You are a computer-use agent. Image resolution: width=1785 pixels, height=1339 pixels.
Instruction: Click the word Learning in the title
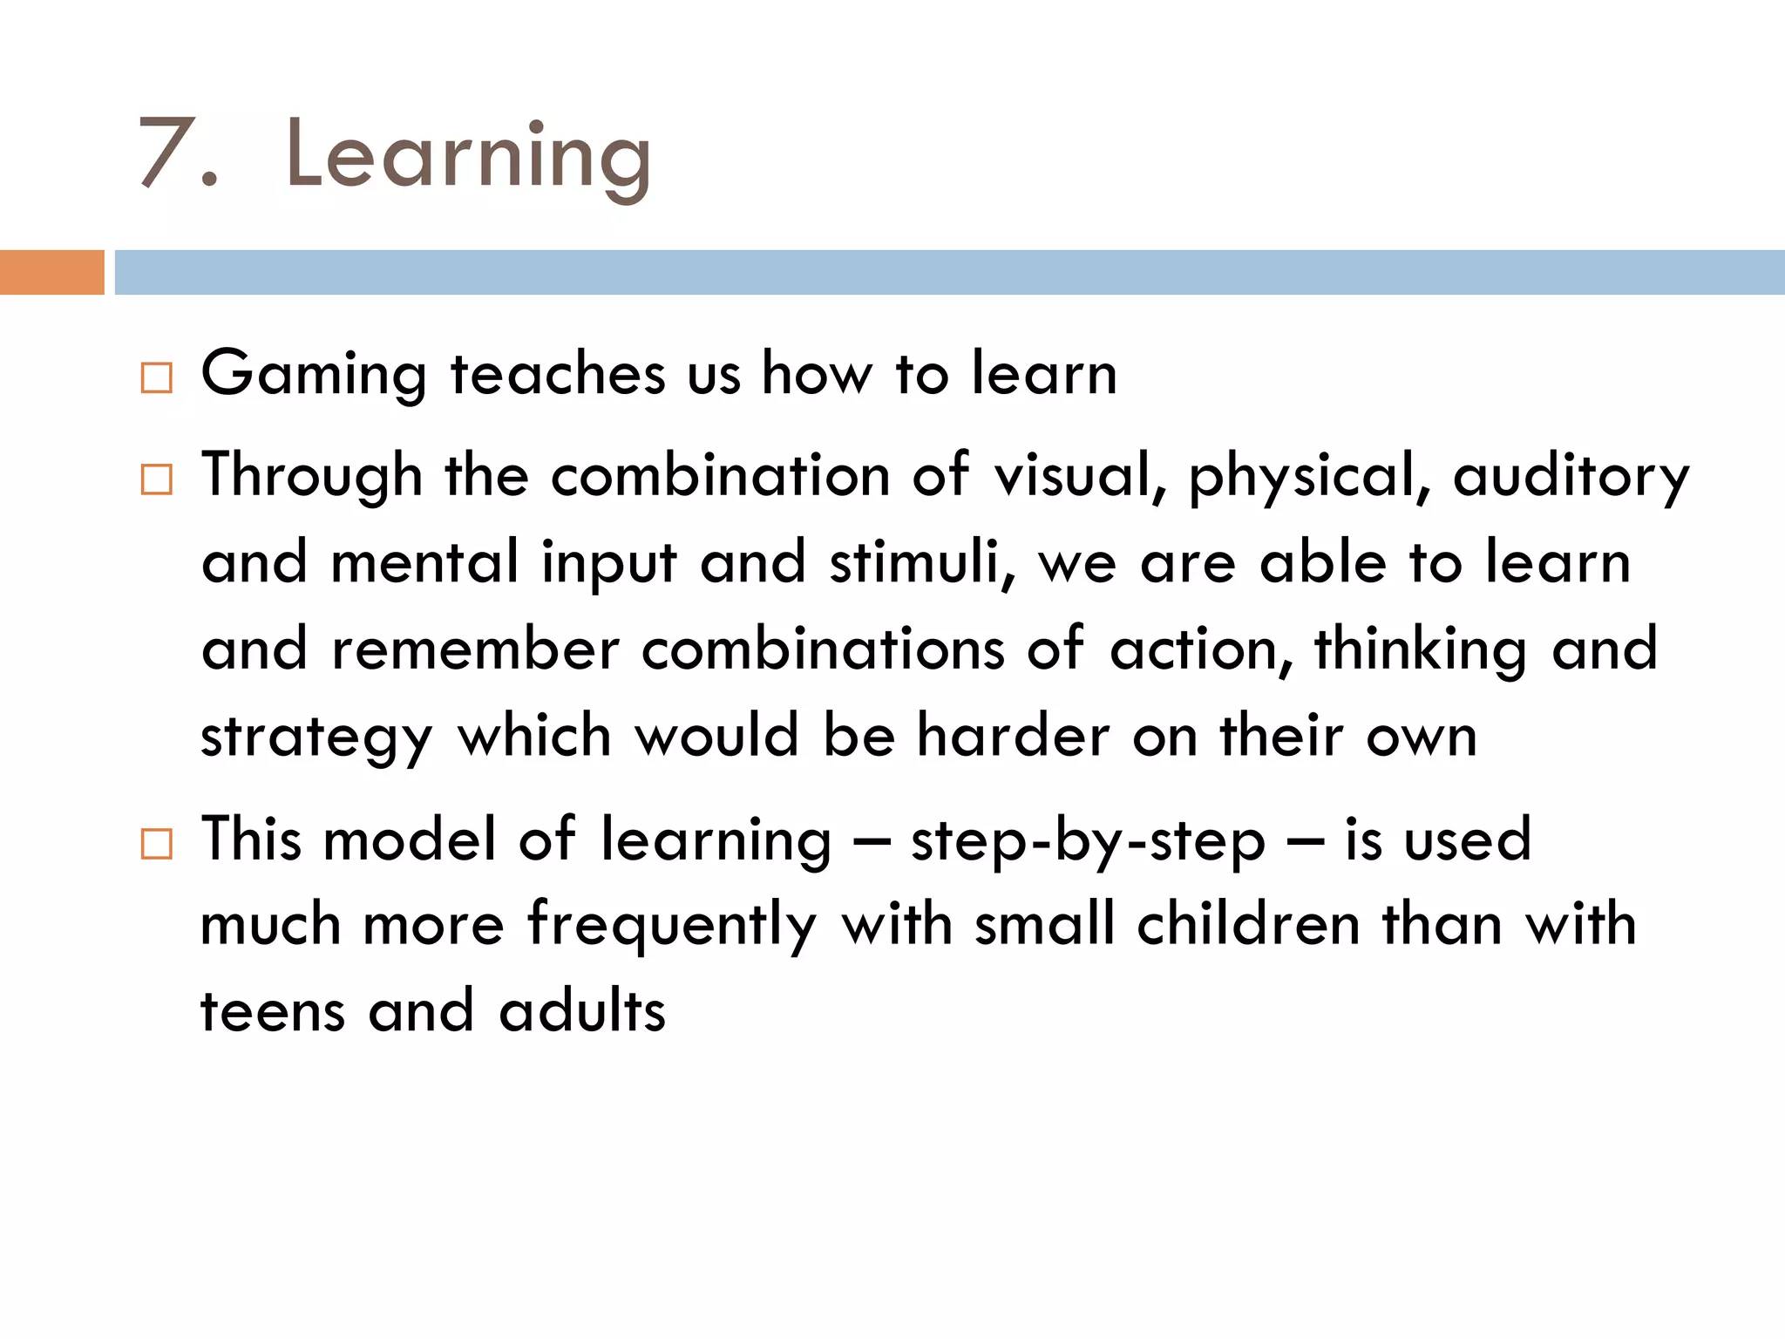coord(468,157)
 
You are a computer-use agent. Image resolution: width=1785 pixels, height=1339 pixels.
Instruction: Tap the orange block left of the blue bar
coord(51,272)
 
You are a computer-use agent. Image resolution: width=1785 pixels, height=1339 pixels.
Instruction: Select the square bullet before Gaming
coord(156,378)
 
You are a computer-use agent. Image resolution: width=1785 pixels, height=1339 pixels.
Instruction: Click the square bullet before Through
coord(156,479)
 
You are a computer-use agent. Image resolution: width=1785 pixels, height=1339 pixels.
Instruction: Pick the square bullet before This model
coord(156,844)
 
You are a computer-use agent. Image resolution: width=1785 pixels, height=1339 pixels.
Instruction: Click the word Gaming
coord(314,375)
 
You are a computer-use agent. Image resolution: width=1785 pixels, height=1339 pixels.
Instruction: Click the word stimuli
coord(922,562)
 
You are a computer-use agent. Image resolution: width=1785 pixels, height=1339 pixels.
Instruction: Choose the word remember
coord(476,649)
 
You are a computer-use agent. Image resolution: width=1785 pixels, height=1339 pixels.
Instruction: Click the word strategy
coord(316,737)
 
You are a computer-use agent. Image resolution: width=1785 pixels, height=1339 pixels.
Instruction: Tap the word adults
coord(582,1011)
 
